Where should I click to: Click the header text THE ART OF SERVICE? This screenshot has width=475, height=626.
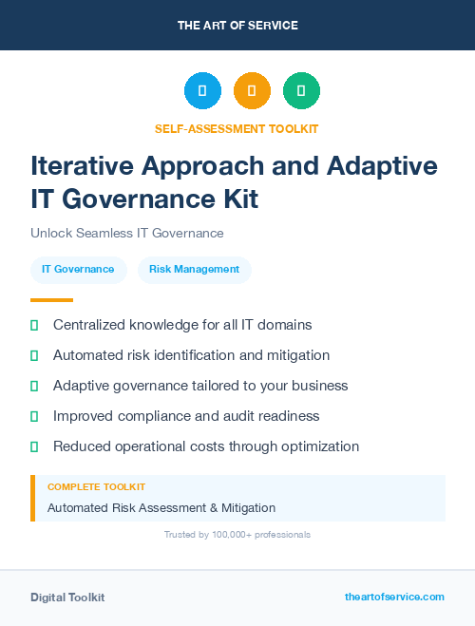pyautogui.click(x=237, y=26)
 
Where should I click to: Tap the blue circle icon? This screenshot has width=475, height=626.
pyautogui.click(x=202, y=91)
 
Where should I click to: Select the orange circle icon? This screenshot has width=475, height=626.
pyautogui.click(x=252, y=91)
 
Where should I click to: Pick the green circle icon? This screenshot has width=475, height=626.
pyautogui.click(x=301, y=91)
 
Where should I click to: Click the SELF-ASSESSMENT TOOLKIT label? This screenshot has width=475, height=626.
pyautogui.click(x=237, y=128)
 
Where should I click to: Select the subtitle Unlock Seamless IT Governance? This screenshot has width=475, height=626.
pyautogui.click(x=126, y=233)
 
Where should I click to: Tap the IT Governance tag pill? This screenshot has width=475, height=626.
pyautogui.click(x=78, y=269)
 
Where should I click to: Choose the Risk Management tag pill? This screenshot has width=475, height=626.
pyautogui.click(x=194, y=269)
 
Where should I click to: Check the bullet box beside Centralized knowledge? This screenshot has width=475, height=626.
pyautogui.click(x=34, y=325)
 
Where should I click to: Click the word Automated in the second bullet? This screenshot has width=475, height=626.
pyautogui.click(x=88, y=355)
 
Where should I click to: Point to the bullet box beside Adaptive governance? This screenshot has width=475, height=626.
pyautogui.click(x=34, y=386)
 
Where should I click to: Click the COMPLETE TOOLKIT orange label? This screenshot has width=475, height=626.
pyautogui.click(x=96, y=487)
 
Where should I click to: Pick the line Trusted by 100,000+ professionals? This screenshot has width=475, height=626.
pyautogui.click(x=237, y=535)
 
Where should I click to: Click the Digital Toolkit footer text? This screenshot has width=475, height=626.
pyautogui.click(x=67, y=598)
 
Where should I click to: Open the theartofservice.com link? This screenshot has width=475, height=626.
pyautogui.click(x=394, y=597)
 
